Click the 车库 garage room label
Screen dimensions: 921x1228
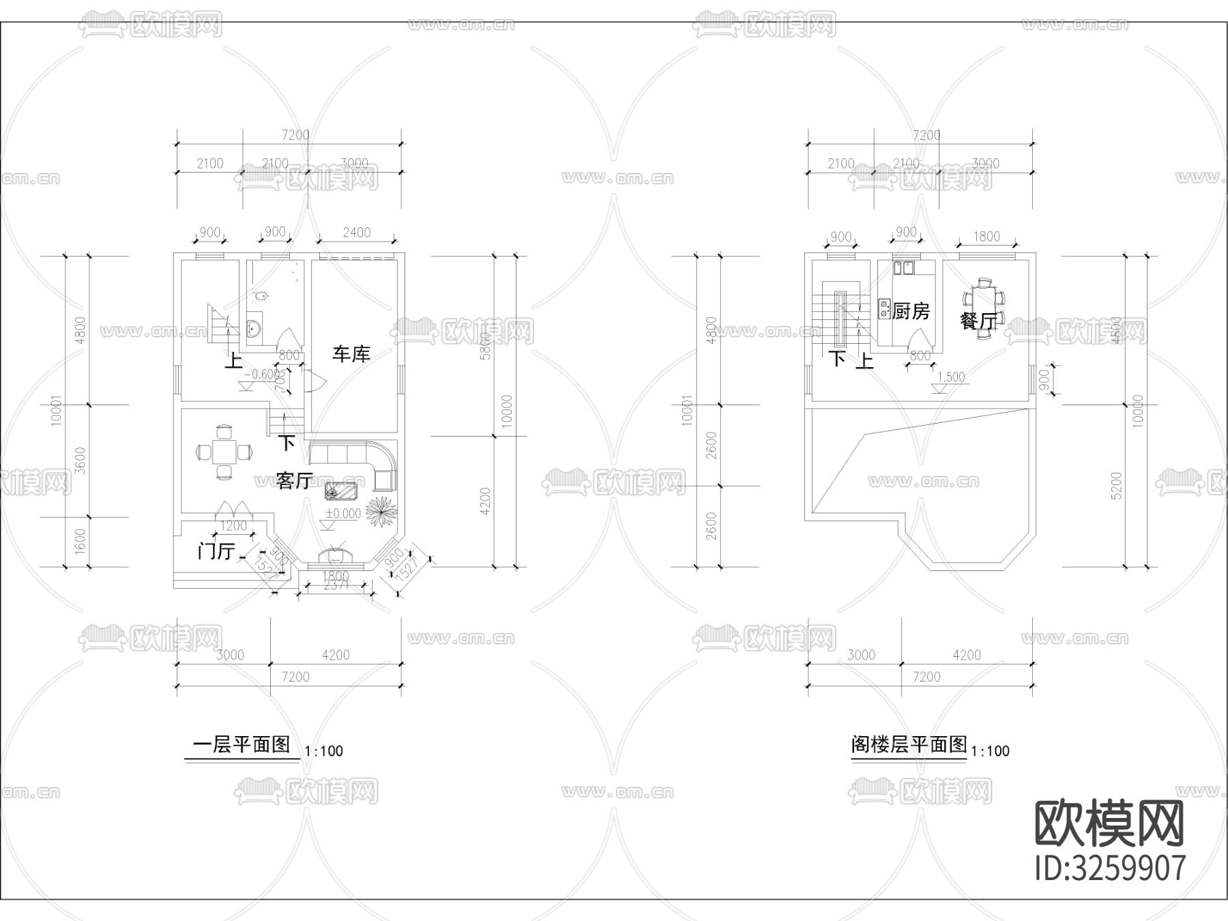[x=351, y=354]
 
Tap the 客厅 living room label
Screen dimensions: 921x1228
[x=294, y=481]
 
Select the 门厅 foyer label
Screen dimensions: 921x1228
[x=216, y=551]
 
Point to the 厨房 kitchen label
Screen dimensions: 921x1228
[x=911, y=312]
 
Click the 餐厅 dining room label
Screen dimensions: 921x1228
[x=978, y=321]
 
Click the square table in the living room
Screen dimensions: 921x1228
[x=224, y=452]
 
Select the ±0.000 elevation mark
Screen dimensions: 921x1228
[x=342, y=514]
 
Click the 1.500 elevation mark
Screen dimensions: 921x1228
[x=950, y=377]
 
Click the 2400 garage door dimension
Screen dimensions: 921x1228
[x=356, y=233]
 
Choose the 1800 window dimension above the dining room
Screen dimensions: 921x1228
[x=986, y=237]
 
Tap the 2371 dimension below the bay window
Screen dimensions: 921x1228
[x=335, y=585]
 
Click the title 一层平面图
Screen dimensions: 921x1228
[x=242, y=744]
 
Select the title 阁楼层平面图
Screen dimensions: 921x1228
[x=909, y=744]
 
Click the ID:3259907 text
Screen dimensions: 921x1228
[x=1110, y=868]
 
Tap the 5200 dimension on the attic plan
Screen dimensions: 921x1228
[x=1116, y=486]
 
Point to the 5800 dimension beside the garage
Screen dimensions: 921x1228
[x=485, y=347]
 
